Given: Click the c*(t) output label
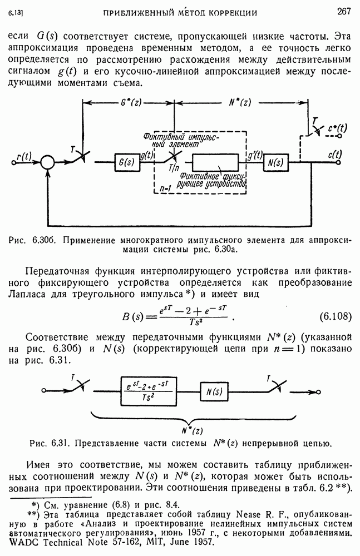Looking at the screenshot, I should tap(337, 128).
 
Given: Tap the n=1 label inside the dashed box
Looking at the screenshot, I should tap(165, 188).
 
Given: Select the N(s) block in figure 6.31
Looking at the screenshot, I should tap(214, 391).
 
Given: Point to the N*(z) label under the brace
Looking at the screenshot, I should tap(195, 429).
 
